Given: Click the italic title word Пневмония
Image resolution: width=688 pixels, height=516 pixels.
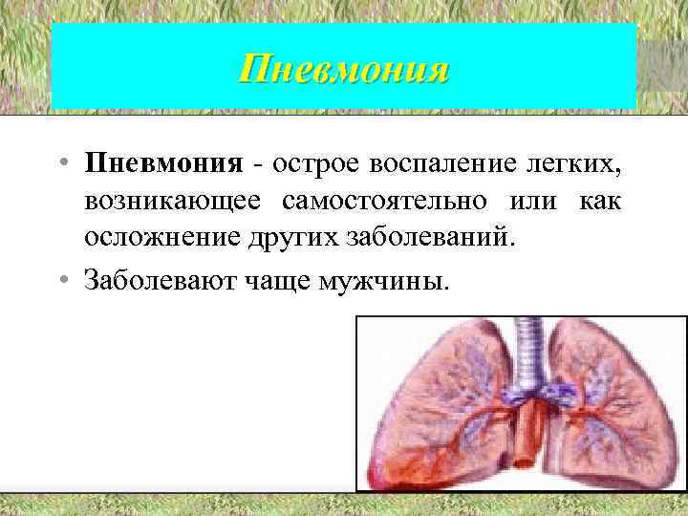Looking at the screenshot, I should tap(343, 70).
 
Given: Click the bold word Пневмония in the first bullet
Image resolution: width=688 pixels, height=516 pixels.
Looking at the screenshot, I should tap(163, 163).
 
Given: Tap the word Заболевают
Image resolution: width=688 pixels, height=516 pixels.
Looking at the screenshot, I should tap(152, 281).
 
